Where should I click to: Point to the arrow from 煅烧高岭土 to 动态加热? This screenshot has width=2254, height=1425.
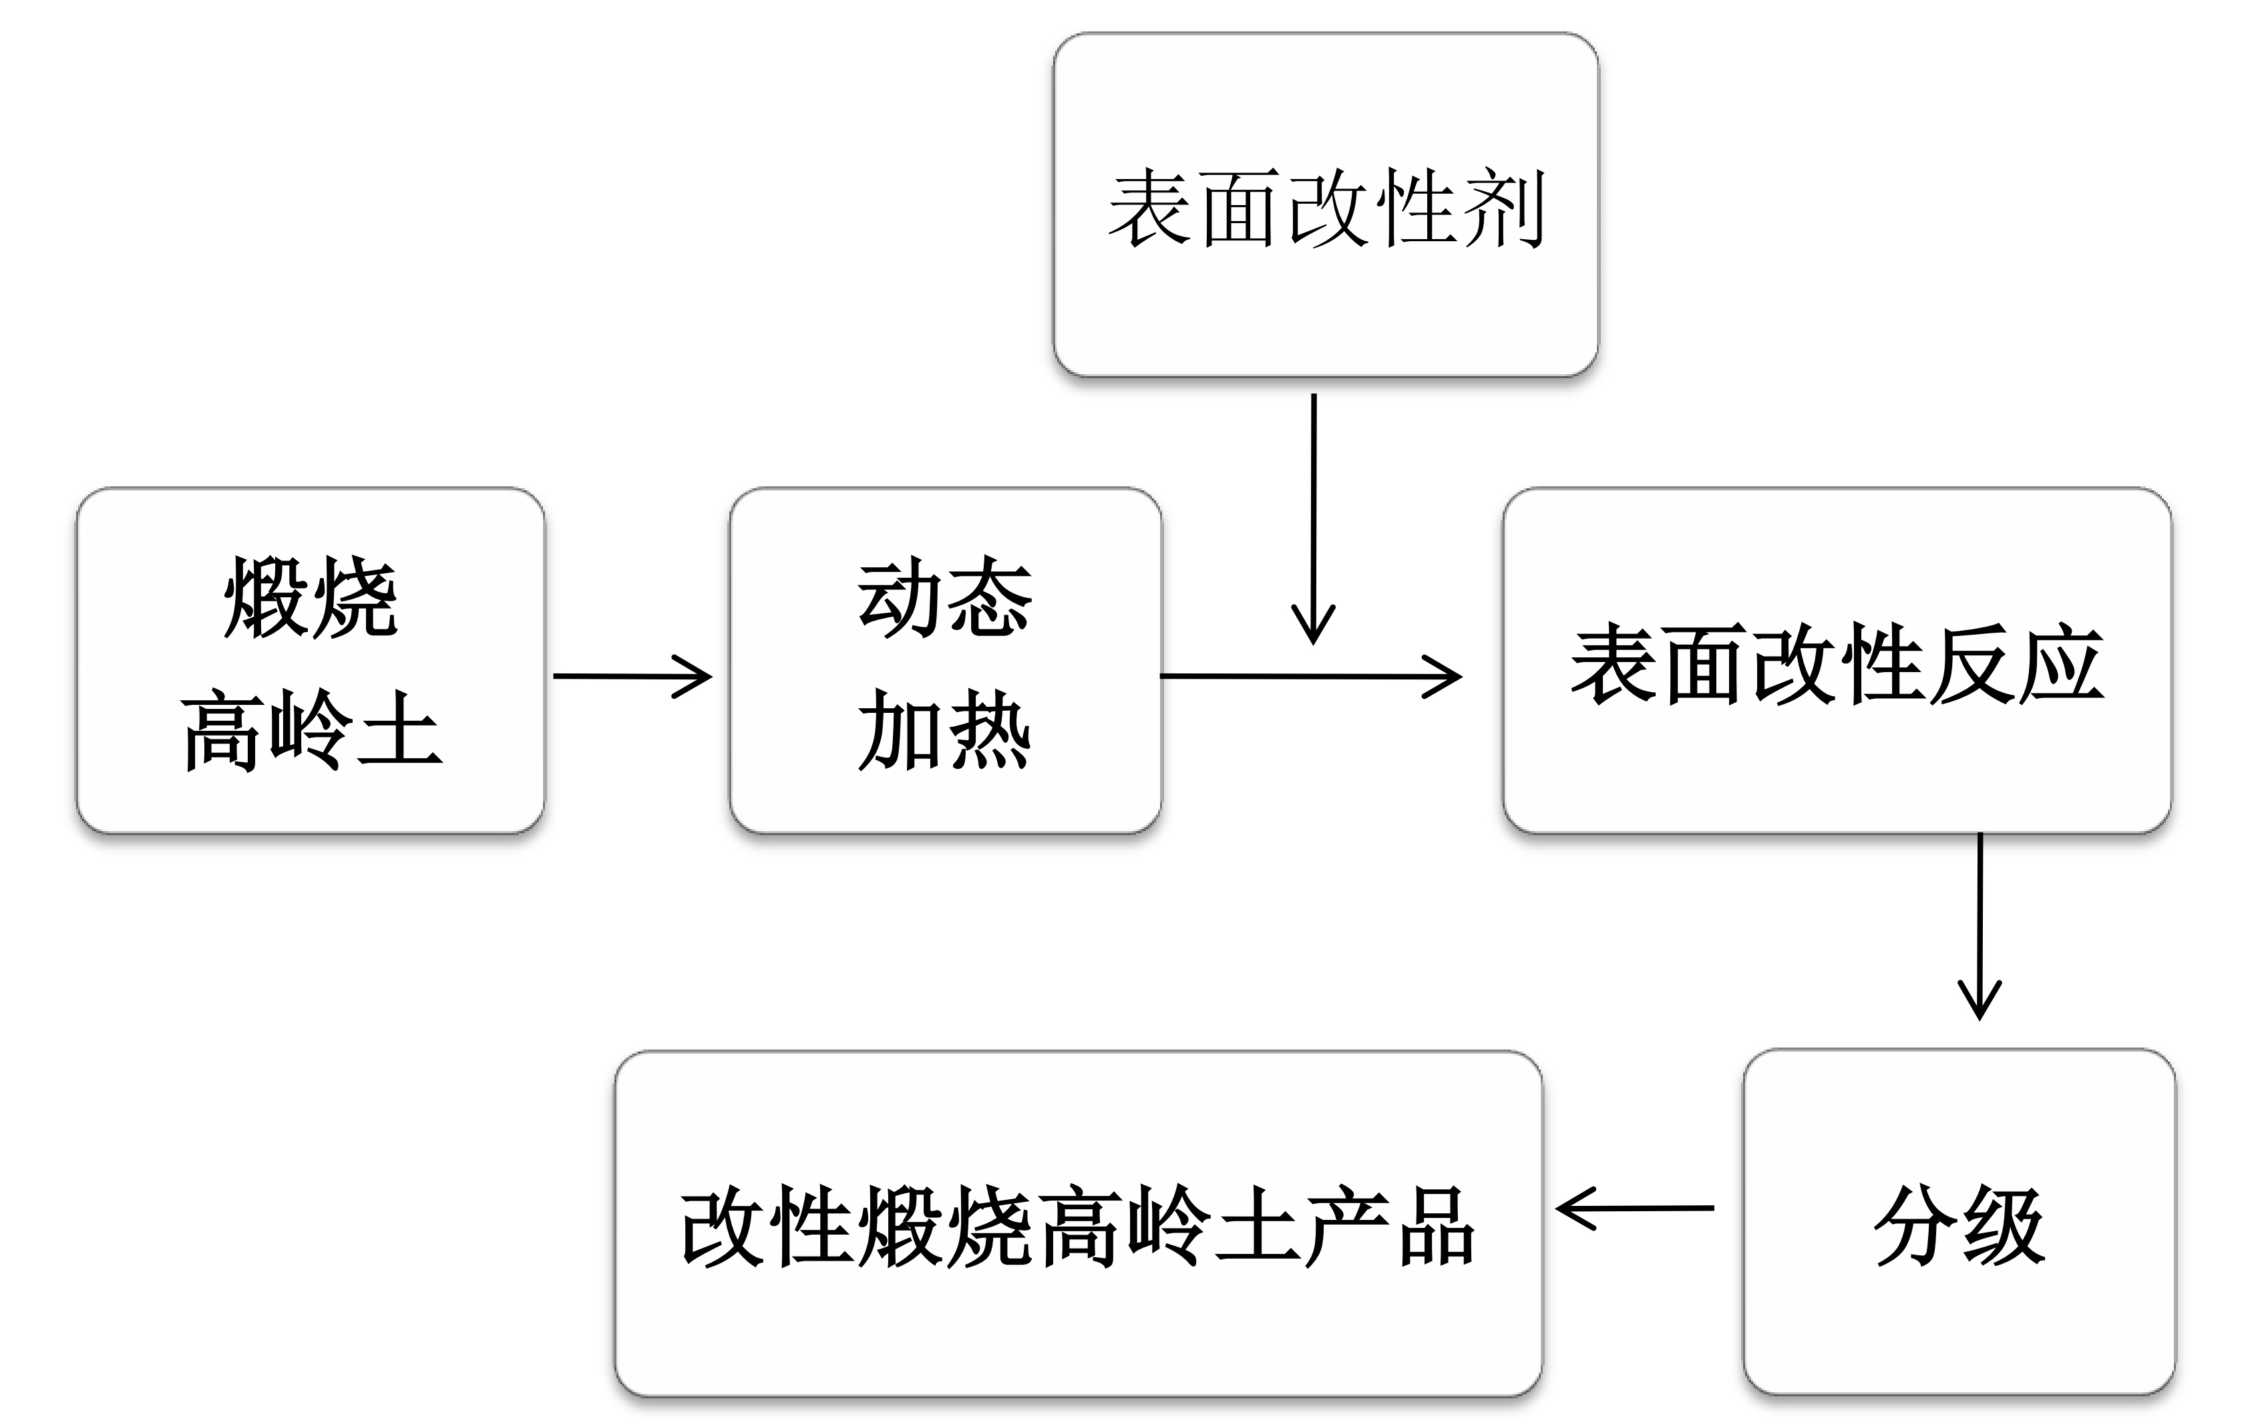click(x=632, y=676)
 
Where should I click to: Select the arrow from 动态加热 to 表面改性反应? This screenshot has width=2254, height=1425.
click(x=1310, y=676)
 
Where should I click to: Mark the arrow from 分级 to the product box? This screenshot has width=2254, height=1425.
click(x=1634, y=1209)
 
